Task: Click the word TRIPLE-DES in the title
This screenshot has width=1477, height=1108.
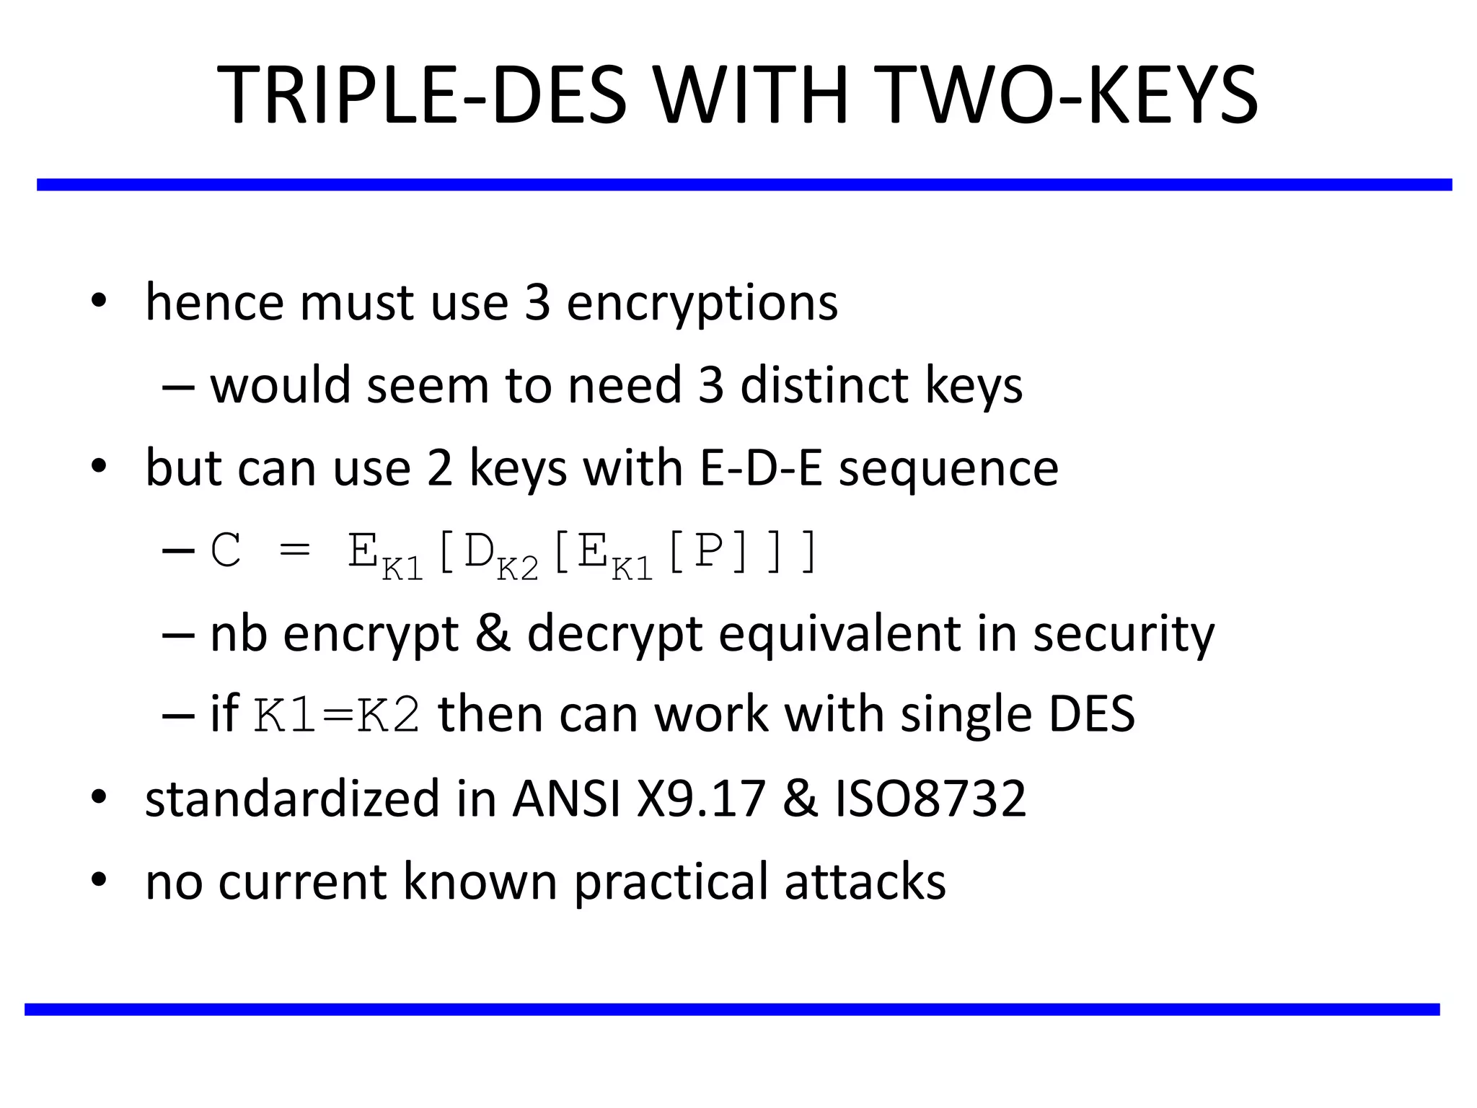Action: [423, 95]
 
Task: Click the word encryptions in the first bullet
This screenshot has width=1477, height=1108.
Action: [702, 303]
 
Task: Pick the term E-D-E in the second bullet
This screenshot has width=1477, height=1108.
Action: [761, 468]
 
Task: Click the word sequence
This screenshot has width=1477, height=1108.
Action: [948, 470]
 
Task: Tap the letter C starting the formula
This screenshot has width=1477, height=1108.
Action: [226, 551]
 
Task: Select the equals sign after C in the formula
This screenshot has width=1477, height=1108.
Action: [294, 553]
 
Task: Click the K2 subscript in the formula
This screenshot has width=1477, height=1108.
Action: [518, 571]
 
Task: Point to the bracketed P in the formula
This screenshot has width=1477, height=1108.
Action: [708, 551]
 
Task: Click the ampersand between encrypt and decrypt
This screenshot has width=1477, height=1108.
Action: [493, 634]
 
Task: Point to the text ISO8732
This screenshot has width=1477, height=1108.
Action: [930, 799]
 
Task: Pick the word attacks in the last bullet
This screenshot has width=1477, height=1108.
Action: [865, 881]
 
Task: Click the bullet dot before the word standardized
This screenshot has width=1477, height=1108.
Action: [99, 797]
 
